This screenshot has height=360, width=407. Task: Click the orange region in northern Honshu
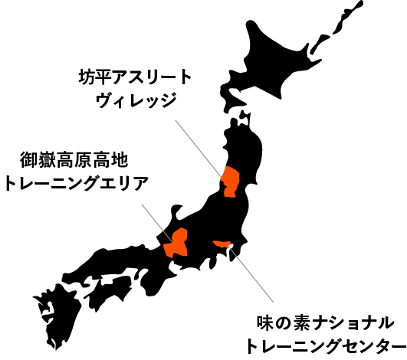(230, 182)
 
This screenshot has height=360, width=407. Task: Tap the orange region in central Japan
(176, 243)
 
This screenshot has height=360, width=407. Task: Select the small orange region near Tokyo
(222, 244)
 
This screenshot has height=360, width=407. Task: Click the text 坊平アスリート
(135, 77)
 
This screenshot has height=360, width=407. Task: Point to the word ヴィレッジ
(136, 100)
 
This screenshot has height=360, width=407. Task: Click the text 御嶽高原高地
(74, 160)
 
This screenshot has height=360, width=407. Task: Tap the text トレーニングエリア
(77, 183)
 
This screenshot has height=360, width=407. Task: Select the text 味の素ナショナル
(326, 324)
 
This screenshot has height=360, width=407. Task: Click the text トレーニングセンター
(326, 346)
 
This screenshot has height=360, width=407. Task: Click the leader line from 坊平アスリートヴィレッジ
(199, 149)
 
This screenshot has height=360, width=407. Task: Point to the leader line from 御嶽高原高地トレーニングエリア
(157, 224)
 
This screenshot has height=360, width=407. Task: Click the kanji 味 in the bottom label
(265, 324)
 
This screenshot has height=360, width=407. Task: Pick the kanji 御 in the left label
(28, 160)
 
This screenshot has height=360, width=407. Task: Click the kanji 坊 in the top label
(87, 77)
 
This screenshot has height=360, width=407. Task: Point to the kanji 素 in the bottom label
(302, 324)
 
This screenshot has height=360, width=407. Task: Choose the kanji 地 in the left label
(120, 160)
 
